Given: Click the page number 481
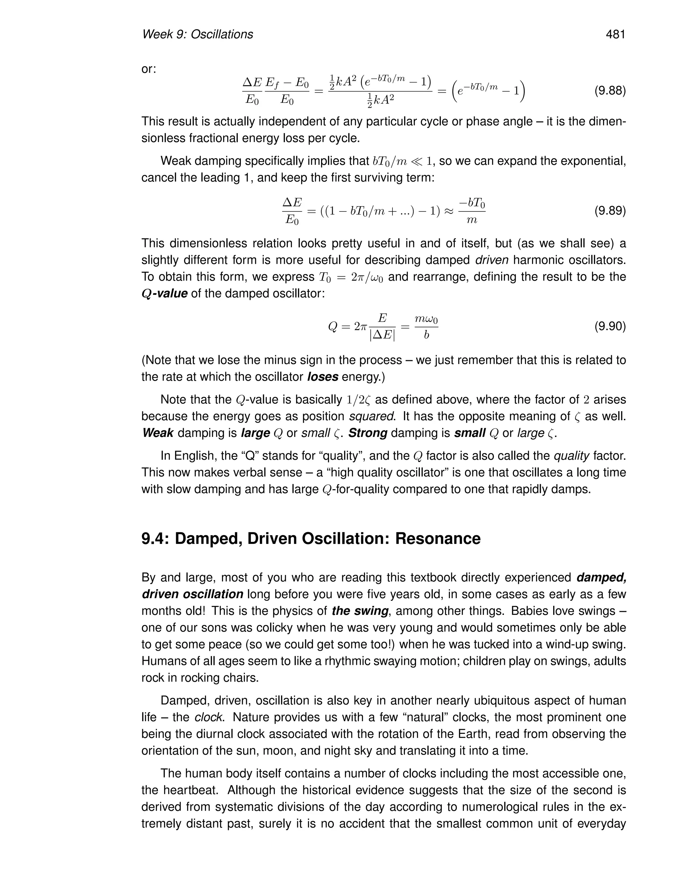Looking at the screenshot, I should (x=615, y=35).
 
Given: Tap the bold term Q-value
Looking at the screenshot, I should (x=164, y=294).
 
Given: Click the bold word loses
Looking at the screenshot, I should (x=323, y=377).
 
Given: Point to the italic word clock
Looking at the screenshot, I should (x=210, y=717).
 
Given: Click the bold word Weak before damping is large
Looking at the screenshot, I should (x=158, y=433).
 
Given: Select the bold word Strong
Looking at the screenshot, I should (x=368, y=433).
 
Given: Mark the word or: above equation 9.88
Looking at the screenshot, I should (x=149, y=69).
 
